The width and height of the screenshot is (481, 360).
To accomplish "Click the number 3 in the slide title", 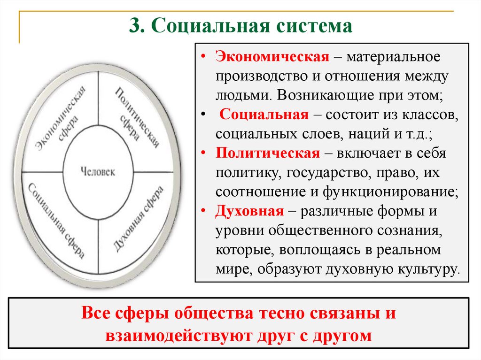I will (135, 25).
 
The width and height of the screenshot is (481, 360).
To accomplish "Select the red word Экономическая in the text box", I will (272, 57).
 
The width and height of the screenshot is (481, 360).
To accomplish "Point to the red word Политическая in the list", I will (268, 153).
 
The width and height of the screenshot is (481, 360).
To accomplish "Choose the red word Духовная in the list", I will (249, 211).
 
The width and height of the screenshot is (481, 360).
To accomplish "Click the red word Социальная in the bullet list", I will (264, 115).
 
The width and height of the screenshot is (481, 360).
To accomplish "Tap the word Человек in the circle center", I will (98, 171).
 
